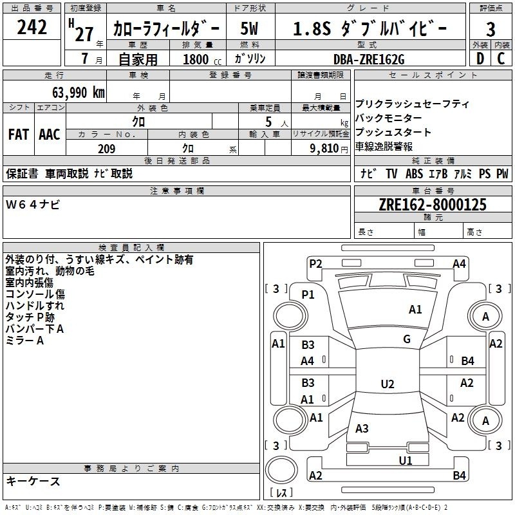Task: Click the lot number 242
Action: (x=32, y=27)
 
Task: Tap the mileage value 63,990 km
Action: (x=79, y=92)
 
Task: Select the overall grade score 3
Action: (x=491, y=30)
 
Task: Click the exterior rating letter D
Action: (x=480, y=59)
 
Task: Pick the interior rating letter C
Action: (x=501, y=59)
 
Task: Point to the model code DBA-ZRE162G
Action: (x=369, y=59)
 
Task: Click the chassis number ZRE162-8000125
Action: (x=433, y=204)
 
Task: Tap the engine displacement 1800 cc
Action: (x=202, y=59)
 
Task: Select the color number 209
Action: (x=106, y=149)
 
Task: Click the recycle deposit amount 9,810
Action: (x=324, y=148)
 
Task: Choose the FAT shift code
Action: (x=19, y=134)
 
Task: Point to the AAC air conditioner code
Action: (x=50, y=134)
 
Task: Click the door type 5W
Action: (x=249, y=28)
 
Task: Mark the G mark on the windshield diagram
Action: (x=407, y=339)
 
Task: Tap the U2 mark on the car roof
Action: (x=388, y=384)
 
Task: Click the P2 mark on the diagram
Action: (x=315, y=263)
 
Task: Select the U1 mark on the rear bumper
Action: (x=406, y=460)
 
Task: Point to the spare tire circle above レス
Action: (x=281, y=469)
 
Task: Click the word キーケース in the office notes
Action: (x=33, y=481)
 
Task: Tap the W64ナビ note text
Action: (x=33, y=205)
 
